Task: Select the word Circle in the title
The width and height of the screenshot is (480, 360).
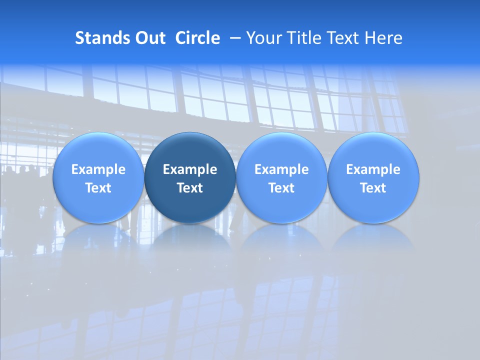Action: coord(197,38)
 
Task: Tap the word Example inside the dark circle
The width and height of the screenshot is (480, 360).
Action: coord(190,169)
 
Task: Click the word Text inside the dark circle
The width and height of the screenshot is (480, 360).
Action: coord(190,188)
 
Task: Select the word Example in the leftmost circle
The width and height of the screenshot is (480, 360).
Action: coord(98,169)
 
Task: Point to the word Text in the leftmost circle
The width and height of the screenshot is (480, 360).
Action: coord(98,188)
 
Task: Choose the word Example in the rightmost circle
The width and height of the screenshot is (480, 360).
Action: coord(373,169)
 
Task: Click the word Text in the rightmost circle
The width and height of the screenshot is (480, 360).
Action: coord(373,188)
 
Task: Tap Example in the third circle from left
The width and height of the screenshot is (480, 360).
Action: coord(281,169)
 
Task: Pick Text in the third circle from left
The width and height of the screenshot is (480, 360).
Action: coord(281,188)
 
